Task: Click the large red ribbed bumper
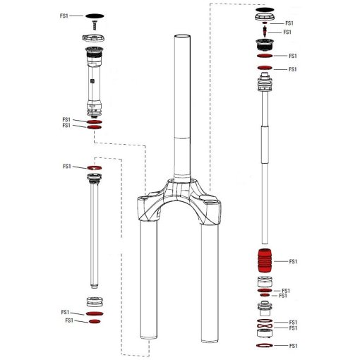point(263,262)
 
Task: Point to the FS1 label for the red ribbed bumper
point(294,262)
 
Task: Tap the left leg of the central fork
point(148,282)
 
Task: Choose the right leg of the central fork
point(210,282)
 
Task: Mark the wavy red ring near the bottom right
point(263,323)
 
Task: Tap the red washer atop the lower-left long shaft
point(94,167)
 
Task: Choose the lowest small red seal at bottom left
point(94,321)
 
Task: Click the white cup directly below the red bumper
point(263,282)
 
